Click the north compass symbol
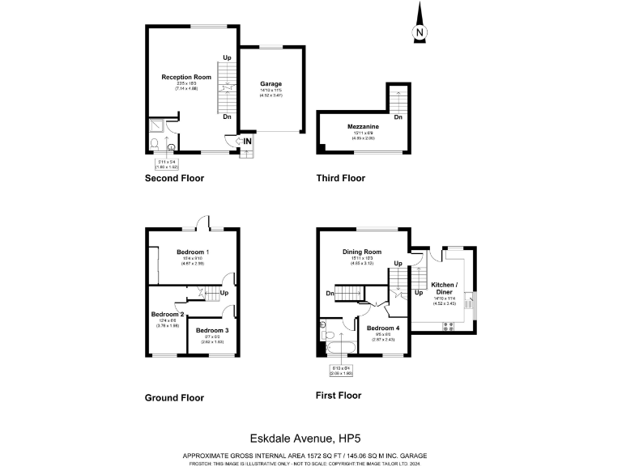pos(419,28)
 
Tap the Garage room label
pos(271,83)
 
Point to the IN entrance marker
pos(248,142)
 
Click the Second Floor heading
pos(174,178)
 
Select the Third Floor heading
pos(341,178)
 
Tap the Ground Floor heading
pos(174,397)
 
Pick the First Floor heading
pos(338,396)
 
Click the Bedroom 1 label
pos(192,252)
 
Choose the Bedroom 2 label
pos(168,314)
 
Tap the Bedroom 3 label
pos(211,330)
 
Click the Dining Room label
pos(361,252)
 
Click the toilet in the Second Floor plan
pos(154,144)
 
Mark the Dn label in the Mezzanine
pos(398,118)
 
